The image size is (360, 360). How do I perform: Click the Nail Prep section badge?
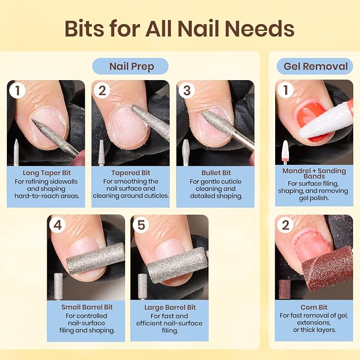130,66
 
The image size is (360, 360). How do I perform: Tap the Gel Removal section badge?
315,66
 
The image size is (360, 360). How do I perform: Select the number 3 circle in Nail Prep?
187,91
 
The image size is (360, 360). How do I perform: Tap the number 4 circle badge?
57,225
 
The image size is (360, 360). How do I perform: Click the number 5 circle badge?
141,225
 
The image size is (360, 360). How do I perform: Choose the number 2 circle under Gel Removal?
285,225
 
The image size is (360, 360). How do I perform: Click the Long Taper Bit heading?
47,173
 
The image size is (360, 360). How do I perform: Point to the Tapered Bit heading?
130,173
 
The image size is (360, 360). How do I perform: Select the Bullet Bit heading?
216,173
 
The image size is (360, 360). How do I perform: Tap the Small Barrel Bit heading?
87,307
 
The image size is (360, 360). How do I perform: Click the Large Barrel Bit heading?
170,308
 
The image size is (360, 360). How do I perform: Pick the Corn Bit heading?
314,308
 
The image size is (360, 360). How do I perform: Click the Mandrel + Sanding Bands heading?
314,173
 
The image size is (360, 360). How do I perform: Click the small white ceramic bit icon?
285,152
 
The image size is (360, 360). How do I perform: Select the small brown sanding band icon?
285,289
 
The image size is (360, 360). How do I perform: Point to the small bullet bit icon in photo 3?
186,153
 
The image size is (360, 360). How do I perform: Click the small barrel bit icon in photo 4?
58,286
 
